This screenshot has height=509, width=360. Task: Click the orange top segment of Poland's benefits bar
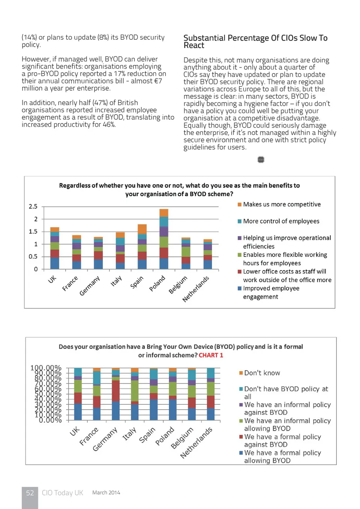point(164,213)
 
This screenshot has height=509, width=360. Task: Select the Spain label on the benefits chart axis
point(137,282)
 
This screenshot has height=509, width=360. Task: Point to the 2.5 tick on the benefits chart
point(33,207)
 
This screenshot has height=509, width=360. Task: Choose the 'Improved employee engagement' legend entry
point(271,293)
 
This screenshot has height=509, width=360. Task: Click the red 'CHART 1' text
point(211,355)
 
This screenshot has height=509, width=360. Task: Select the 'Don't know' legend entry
point(262,373)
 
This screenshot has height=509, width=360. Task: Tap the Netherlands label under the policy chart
point(196,443)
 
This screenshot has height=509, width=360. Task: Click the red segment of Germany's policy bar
point(116,390)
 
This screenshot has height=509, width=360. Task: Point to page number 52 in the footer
point(30,493)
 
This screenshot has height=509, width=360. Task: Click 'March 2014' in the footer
point(106,492)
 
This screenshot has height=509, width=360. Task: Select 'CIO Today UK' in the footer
point(62,493)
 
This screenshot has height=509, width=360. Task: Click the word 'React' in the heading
point(194,45)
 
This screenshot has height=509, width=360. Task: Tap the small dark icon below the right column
point(261,160)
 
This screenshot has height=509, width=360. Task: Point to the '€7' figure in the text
point(158,81)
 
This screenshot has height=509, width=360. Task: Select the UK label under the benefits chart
point(52,279)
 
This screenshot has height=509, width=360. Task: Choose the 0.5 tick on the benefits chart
point(33,257)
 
